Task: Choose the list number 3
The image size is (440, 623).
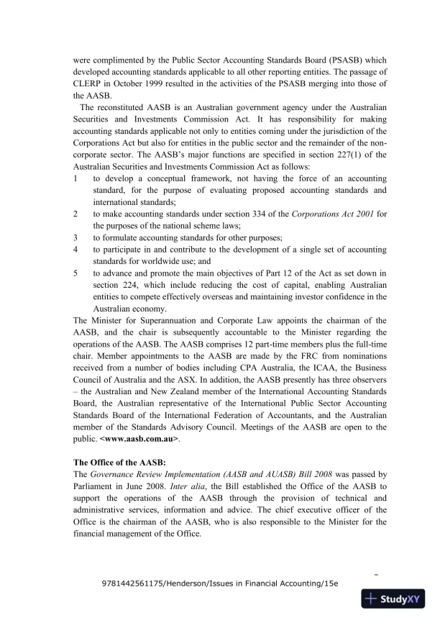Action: pos(76,237)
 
